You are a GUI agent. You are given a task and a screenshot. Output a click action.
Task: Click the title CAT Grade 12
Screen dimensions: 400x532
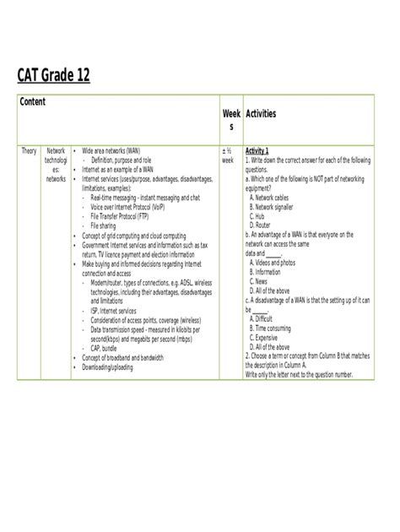pyautogui.click(x=54, y=78)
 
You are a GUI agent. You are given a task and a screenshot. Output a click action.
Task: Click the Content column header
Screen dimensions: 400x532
pyautogui.click(x=34, y=102)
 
